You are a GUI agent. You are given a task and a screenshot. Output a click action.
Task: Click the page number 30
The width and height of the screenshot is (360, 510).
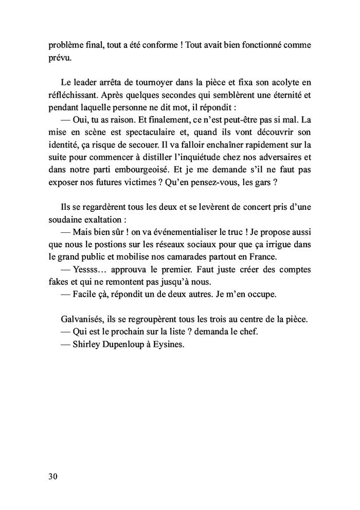click(52, 476)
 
